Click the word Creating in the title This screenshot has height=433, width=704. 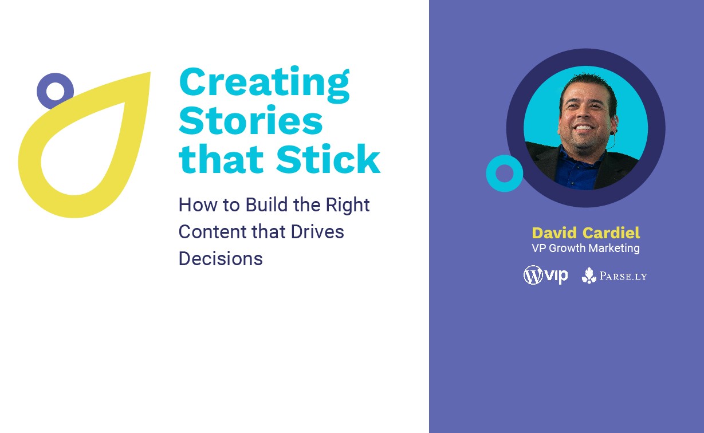264,84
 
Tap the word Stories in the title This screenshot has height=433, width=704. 251,120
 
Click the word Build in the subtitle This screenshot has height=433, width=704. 266,204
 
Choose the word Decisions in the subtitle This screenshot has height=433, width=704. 221,259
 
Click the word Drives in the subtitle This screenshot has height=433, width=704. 317,231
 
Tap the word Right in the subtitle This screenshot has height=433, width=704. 348,206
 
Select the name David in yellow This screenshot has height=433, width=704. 554,233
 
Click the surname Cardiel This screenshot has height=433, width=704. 611,233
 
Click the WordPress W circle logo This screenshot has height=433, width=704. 533,275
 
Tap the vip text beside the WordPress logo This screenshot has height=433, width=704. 556,276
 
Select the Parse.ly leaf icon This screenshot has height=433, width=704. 589,275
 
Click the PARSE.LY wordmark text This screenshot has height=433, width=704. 623,276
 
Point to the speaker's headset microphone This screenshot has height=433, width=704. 612,133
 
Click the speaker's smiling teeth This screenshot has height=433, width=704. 583,128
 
